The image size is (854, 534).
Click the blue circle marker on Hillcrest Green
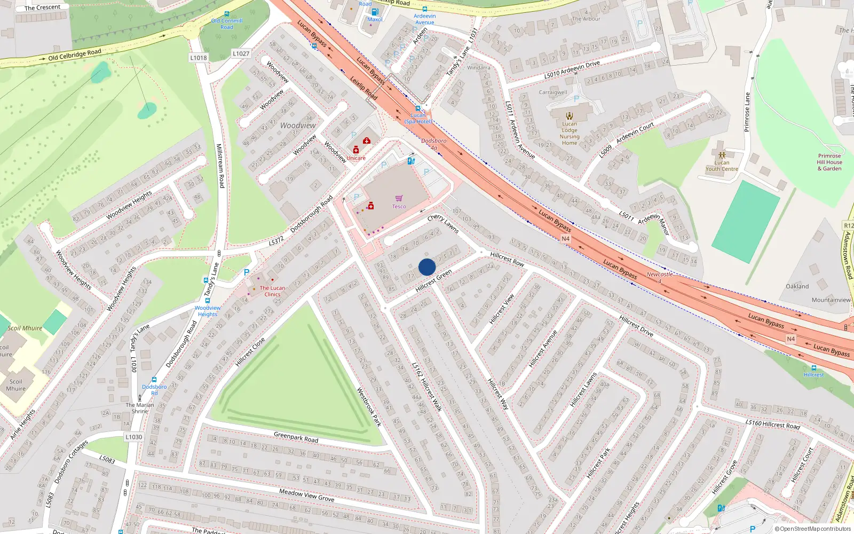coord(427,267)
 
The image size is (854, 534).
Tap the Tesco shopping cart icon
coord(399,199)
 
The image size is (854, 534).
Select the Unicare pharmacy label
coord(356,158)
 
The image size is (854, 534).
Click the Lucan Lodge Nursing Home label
coord(570,133)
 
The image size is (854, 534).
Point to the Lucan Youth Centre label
coord(722,166)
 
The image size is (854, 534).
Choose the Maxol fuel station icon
coord(375,12)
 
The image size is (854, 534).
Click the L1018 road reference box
coord(198,58)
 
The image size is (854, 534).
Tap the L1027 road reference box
coord(241,53)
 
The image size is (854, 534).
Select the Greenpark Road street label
coord(296,437)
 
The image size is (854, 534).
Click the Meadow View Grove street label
coord(306,495)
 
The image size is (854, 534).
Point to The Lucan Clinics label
coord(272,291)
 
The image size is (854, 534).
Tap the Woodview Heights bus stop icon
coord(208,301)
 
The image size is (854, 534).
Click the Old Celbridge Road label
coord(74,55)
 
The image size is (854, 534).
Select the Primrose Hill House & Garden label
coord(829,162)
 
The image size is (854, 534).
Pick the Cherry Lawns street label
coord(443,224)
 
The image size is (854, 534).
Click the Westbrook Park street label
coord(369,407)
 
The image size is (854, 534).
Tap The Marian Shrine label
coord(140,408)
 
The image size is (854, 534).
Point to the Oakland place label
coord(797,286)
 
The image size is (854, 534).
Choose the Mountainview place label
coord(831,300)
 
